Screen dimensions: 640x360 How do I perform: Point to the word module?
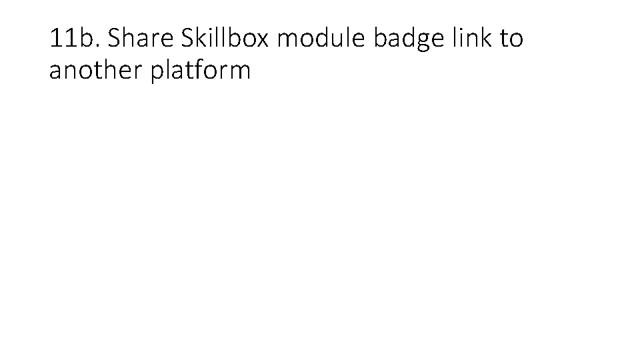click(x=322, y=39)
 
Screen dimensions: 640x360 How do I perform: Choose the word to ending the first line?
click(x=511, y=39)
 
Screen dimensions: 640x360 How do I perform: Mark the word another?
click(x=96, y=70)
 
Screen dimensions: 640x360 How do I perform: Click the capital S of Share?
click(x=115, y=39)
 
